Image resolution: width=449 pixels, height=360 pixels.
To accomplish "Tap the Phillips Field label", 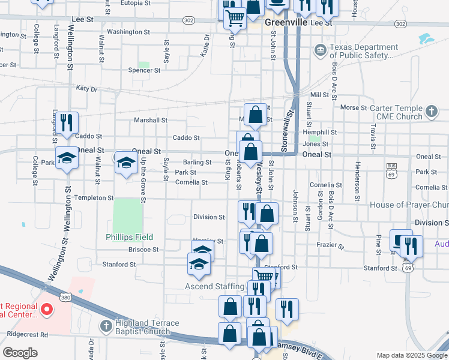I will [x=130, y=237].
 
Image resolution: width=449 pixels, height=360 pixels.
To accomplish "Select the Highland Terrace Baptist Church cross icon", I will [x=106, y=326].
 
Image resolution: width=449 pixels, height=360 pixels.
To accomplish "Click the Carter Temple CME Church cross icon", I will [x=431, y=112].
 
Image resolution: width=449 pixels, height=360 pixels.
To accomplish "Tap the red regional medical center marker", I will [x=47, y=310].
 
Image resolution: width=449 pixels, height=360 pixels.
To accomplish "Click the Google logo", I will [x=20, y=353].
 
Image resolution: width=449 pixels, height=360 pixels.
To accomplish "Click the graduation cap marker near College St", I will [x=67, y=158].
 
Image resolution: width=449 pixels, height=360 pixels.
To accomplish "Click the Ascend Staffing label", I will [x=214, y=286].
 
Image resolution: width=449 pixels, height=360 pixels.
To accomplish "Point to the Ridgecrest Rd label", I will [x=28, y=334].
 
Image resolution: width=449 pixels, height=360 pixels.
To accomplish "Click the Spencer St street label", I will [x=144, y=70].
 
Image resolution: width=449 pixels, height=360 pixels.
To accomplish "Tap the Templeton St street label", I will [x=94, y=197].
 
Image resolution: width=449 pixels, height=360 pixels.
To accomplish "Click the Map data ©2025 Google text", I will [x=411, y=355].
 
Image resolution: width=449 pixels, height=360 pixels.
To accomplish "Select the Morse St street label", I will [x=354, y=108].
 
